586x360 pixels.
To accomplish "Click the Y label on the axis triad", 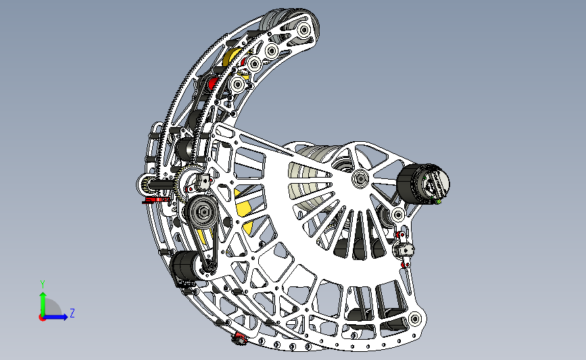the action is point(43,284).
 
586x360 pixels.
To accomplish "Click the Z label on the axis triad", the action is point(72,313).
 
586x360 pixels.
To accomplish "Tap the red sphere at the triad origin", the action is point(42,318).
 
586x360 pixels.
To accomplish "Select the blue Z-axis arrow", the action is point(55,317).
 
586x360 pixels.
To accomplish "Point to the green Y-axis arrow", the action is point(43,304).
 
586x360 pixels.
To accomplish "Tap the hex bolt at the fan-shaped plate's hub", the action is point(360,179).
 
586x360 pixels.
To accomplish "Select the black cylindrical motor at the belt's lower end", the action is point(183,265).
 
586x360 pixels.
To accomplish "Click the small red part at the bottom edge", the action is point(239,338).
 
